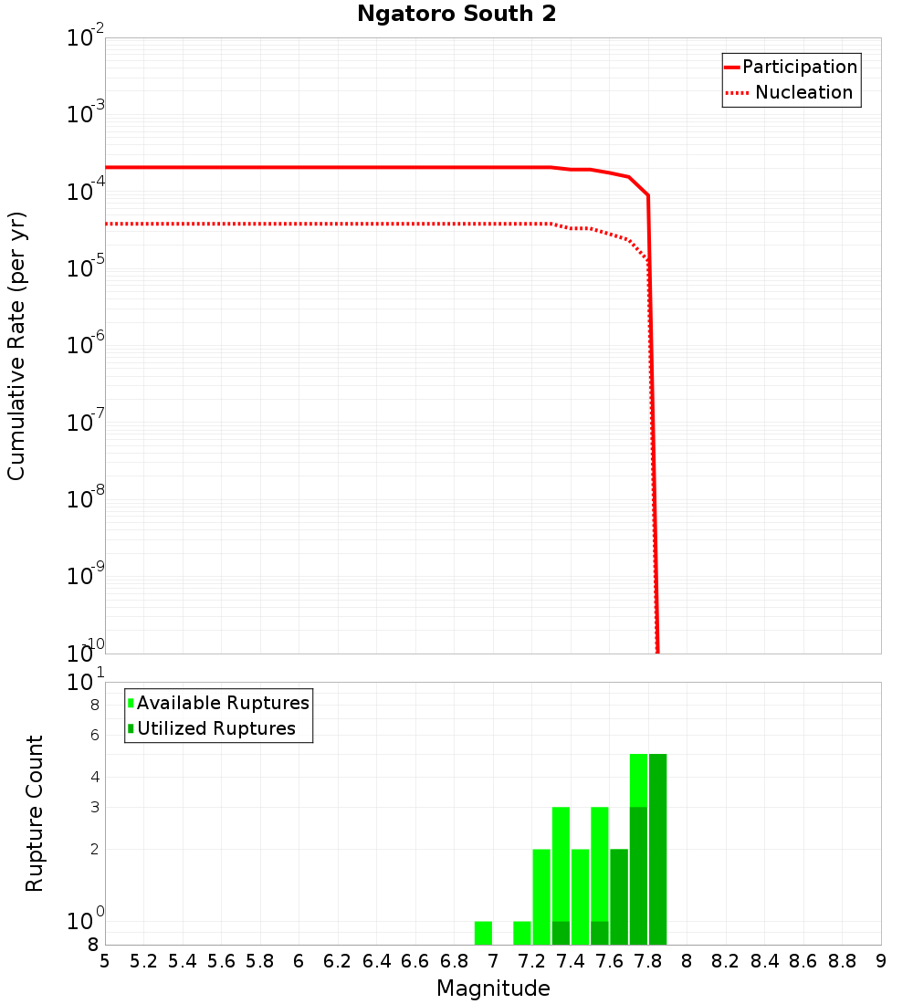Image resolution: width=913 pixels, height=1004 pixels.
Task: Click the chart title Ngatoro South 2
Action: click(x=456, y=14)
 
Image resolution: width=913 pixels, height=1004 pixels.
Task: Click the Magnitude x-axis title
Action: click(x=493, y=988)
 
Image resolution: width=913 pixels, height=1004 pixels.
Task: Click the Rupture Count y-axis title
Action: click(x=35, y=812)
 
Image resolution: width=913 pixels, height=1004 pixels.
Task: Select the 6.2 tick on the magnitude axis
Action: click(x=338, y=961)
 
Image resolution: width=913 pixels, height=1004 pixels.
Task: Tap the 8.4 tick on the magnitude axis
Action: click(x=765, y=961)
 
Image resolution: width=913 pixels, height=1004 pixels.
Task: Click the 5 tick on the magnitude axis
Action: click(x=105, y=961)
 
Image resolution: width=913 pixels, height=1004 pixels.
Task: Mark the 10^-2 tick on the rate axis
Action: click(x=86, y=38)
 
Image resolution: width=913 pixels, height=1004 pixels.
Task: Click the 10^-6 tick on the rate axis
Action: click(x=86, y=346)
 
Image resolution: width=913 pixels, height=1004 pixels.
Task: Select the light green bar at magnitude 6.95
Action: click(x=483, y=933)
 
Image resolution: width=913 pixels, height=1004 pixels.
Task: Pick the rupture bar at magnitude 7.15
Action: click(x=522, y=933)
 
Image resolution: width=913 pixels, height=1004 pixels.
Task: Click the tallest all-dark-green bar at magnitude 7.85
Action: click(x=657, y=849)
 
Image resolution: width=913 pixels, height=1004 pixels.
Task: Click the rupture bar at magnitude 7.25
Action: click(x=541, y=896)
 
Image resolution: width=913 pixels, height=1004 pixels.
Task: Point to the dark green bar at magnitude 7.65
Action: click(x=619, y=896)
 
